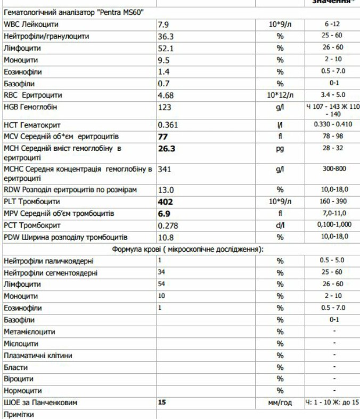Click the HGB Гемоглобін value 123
pos(165,108)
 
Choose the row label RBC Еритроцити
pos(32,95)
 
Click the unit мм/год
pos(280,403)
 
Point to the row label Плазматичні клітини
pos(38,356)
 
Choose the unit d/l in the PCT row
pos(280,225)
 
